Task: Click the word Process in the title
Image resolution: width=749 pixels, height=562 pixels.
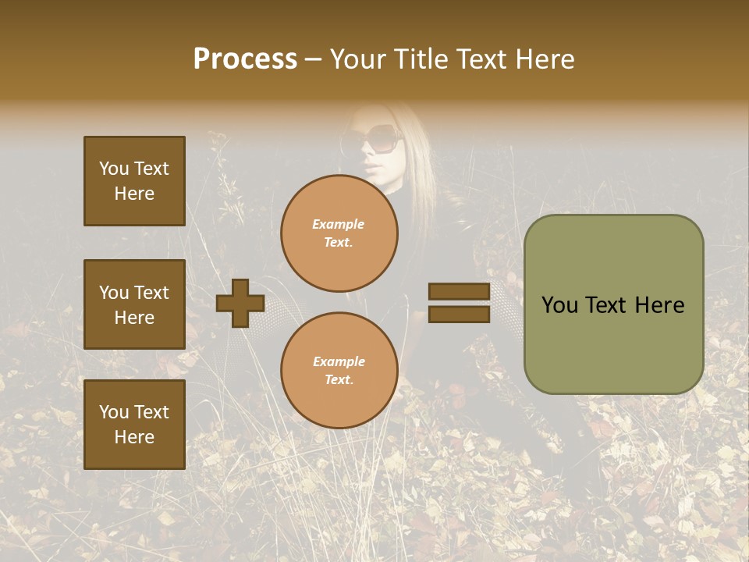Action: click(x=245, y=59)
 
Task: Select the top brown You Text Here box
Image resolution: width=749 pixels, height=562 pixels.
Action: click(x=134, y=181)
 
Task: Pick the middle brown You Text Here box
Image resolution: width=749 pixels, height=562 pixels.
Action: click(x=134, y=304)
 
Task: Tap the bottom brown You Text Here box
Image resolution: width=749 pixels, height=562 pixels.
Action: click(x=134, y=424)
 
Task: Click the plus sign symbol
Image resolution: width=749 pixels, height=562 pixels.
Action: click(x=240, y=303)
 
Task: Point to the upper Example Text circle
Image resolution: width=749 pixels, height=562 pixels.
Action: click(x=339, y=233)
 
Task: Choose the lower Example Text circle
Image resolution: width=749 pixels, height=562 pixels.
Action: click(x=339, y=370)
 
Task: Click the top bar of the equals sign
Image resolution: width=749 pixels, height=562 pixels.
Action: click(x=459, y=292)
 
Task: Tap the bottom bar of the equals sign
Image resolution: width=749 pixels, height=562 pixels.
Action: click(x=459, y=315)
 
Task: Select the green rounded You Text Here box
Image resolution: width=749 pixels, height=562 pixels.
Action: click(x=613, y=304)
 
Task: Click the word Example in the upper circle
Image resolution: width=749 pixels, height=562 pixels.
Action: click(x=339, y=224)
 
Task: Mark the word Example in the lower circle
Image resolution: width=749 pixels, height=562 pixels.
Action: click(x=339, y=361)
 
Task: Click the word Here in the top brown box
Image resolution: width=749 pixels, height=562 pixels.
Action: click(x=134, y=194)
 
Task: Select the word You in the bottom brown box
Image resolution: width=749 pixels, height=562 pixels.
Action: click(x=114, y=412)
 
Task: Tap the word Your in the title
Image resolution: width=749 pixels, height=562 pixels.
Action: click(x=360, y=59)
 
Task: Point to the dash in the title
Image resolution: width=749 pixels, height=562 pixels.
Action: click(x=314, y=60)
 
